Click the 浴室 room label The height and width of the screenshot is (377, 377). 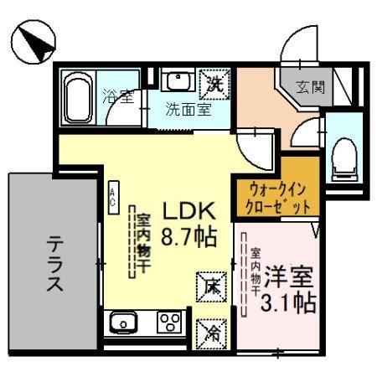click(117, 96)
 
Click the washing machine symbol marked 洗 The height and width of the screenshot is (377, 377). click(214, 83)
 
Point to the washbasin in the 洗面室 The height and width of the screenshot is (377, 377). click(178, 81)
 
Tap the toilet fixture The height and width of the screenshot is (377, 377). click(343, 157)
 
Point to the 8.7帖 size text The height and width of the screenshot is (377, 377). click(190, 236)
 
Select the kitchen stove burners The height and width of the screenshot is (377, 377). click(169, 322)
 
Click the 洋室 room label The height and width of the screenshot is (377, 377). click(290, 276)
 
